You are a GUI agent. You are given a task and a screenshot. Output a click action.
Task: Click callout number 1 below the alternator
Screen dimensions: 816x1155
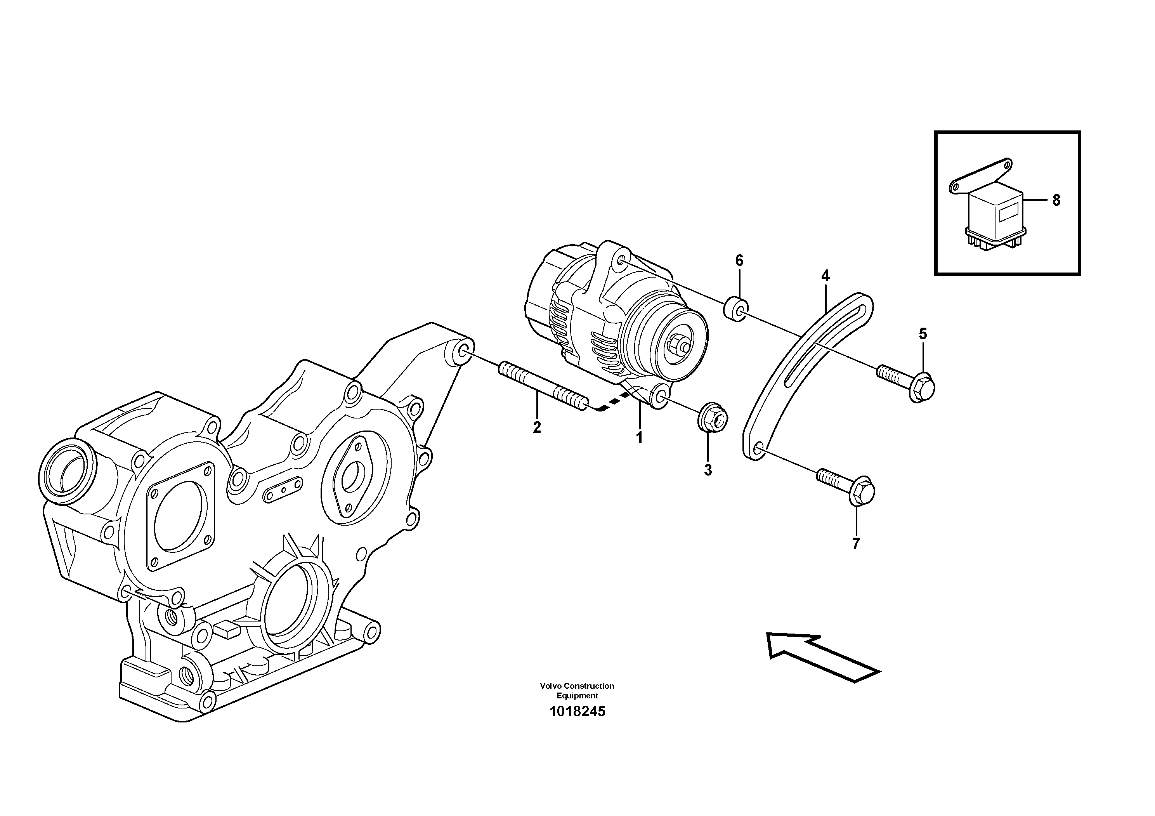click(639, 438)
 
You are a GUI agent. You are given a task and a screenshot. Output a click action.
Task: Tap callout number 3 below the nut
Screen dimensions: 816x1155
click(708, 470)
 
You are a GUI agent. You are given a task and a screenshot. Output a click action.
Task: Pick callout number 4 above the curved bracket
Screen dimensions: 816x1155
click(825, 276)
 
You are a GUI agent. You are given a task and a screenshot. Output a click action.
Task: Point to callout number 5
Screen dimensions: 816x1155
click(923, 333)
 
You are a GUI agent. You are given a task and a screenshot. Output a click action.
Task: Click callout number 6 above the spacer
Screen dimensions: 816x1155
click(739, 260)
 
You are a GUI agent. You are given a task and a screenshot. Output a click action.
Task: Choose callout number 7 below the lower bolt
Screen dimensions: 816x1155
click(856, 544)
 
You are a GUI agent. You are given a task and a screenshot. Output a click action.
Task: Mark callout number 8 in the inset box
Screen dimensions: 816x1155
click(1056, 200)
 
